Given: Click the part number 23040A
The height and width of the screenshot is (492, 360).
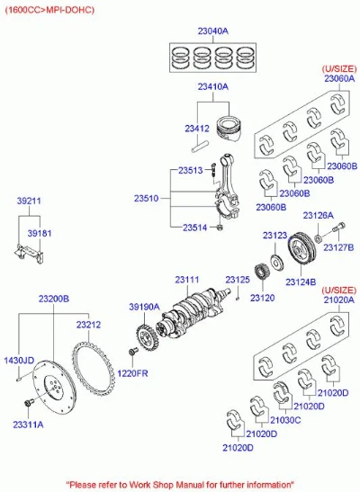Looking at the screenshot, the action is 212,31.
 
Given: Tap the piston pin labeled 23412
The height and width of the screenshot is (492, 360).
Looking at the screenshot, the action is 200,147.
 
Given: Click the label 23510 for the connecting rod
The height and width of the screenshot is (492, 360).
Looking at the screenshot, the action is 147,198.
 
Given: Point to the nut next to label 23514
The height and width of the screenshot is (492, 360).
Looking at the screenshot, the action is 220,228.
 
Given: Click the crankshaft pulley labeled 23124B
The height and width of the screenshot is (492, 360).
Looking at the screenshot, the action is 301,249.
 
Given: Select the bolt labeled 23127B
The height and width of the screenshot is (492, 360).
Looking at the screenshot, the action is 338,228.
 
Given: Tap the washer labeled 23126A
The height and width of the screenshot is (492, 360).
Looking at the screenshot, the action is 318,238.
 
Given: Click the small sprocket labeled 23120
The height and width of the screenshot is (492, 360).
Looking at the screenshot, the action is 260,273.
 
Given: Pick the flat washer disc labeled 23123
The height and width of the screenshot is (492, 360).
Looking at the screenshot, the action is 277,263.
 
